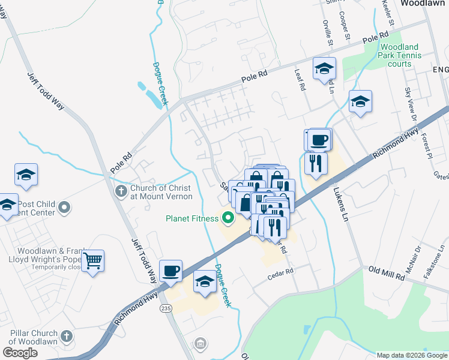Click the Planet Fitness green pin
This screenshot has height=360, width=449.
click(228, 218)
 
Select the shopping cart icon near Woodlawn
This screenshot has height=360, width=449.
click(93, 262)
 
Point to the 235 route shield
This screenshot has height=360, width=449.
click(166, 308)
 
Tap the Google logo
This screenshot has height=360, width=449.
click(20, 353)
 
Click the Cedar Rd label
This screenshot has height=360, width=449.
click(281, 271)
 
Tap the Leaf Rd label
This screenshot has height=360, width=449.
click(301, 79)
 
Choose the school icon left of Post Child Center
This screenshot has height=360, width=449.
click(7, 204)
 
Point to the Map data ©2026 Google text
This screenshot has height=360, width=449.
click(411, 355)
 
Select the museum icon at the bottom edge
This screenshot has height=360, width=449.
click(200, 344)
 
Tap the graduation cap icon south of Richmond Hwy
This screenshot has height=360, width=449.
click(205, 282)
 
